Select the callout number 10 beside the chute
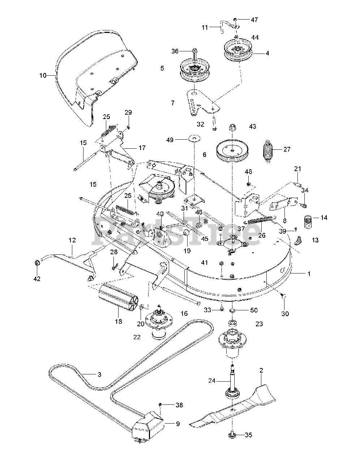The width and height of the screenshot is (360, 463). (x=43, y=76)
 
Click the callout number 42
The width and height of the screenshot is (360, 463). (x=37, y=279)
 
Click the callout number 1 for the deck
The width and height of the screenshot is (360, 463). (x=309, y=274)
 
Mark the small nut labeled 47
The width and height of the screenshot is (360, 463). (x=235, y=19)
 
